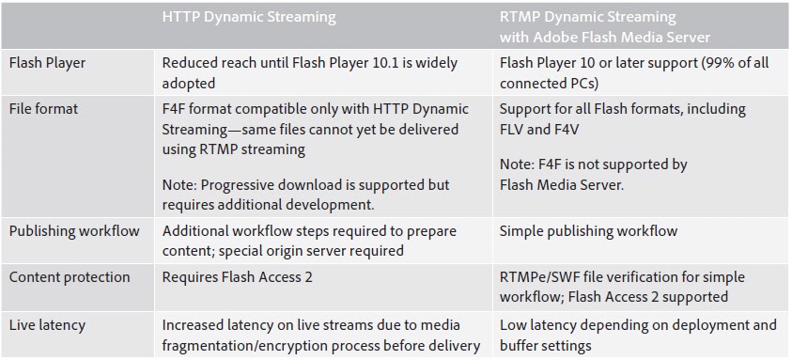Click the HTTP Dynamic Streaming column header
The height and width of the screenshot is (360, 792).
248,18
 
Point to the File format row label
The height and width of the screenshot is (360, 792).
43,109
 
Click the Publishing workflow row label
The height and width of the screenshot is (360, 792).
74,231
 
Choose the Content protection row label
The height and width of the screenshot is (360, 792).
70,277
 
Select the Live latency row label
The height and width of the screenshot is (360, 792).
47,325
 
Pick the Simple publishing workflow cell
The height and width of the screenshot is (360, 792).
588,231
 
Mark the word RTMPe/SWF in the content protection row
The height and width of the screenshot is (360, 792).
540,278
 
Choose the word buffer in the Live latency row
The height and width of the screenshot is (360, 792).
521,345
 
